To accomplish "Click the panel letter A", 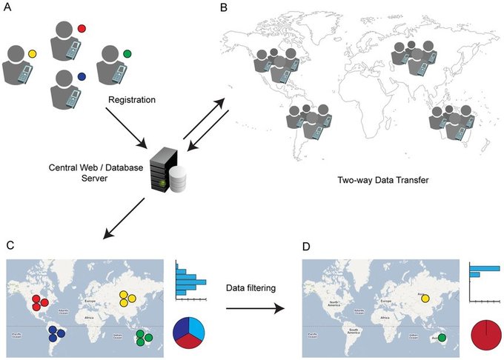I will point(8,10).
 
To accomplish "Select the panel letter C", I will point(10,245).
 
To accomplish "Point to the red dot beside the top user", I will point(82,28).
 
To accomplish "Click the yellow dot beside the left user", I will point(32,54).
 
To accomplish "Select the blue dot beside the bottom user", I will point(81,76).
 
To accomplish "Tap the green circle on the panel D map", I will point(442,339).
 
